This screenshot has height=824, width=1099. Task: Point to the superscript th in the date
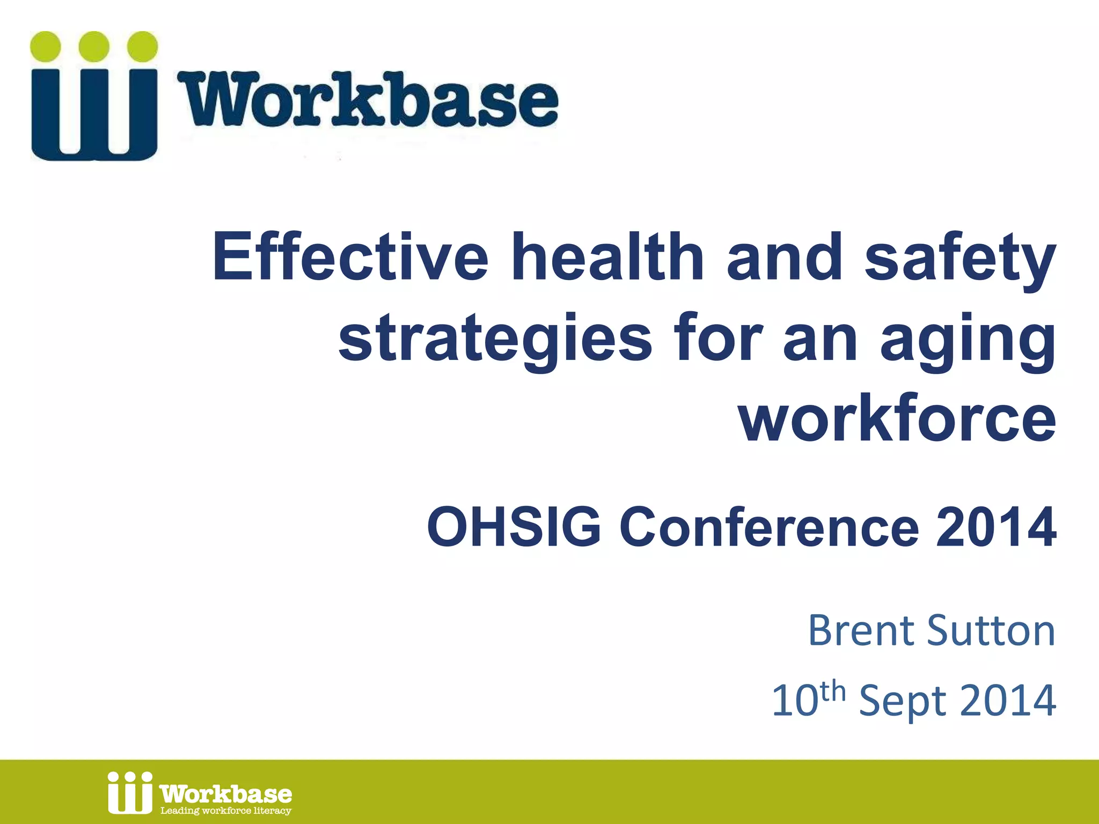coord(833,691)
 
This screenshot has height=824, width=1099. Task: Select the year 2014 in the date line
coord(1007,700)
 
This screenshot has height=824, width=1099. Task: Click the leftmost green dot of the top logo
coord(46,46)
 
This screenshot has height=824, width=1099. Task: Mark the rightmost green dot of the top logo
coord(142,46)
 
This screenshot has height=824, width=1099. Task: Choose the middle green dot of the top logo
coord(94,46)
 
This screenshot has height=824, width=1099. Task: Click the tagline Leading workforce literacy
coord(226,811)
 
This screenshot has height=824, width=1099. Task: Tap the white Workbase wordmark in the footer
coord(226,793)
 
